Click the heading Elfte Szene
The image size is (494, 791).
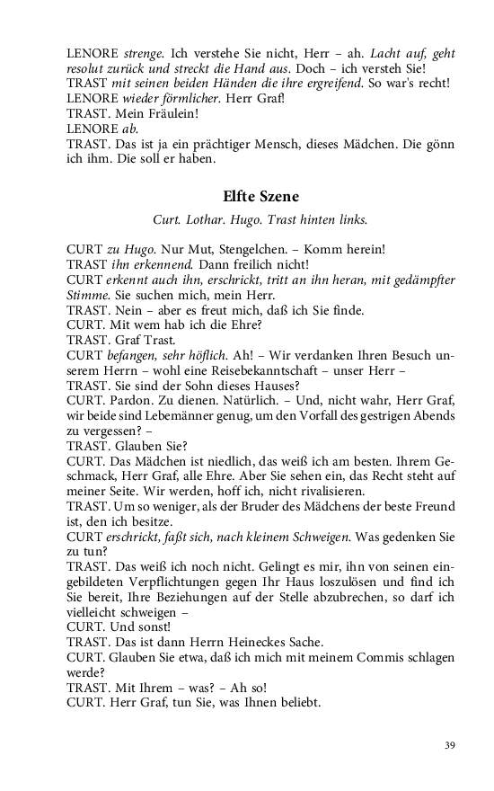(260, 196)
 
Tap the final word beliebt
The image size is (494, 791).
(296, 703)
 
